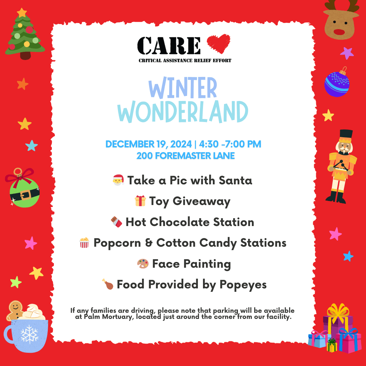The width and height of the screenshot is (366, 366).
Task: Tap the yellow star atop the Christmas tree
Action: point(22,13)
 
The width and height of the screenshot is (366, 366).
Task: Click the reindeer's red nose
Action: point(339,32)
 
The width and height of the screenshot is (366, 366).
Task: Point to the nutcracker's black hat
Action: point(346,134)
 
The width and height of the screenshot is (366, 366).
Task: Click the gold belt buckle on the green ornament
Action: point(25,195)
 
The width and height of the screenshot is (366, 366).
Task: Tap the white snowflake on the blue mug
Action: point(29,334)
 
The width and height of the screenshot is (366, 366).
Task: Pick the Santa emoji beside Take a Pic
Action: point(118,180)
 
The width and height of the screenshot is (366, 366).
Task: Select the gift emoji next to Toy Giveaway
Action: point(140,201)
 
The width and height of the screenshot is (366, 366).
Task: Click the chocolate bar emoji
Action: point(117,222)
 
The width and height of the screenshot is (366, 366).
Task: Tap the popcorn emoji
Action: point(84,243)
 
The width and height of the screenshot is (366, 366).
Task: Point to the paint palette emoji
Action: point(143,264)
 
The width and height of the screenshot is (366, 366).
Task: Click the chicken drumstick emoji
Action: point(108,284)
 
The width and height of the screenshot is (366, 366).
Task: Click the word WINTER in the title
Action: point(183,88)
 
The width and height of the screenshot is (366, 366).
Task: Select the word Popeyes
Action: point(243,285)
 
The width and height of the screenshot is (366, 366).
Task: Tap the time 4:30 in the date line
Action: point(209,144)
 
